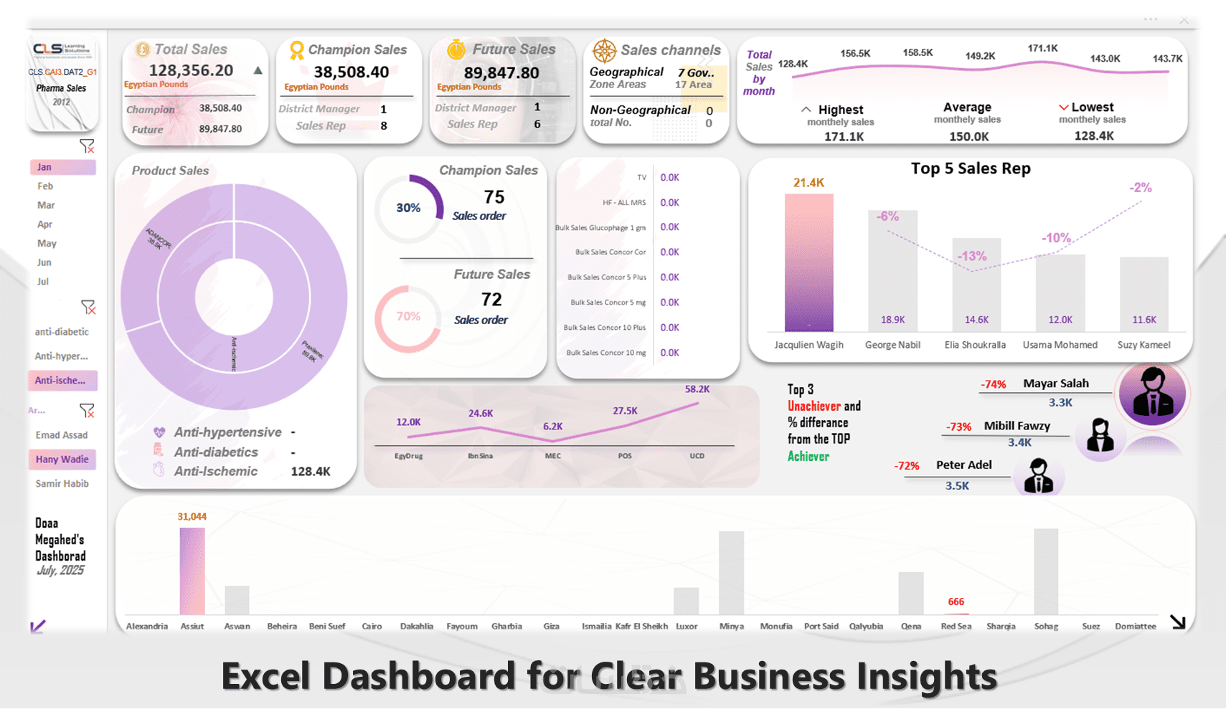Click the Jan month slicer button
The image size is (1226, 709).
pyautogui.click(x=62, y=167)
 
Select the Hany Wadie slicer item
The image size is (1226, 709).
pyautogui.click(x=62, y=460)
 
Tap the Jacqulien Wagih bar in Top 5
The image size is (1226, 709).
pyautogui.click(x=808, y=262)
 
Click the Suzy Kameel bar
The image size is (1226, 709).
pyautogui.click(x=1144, y=294)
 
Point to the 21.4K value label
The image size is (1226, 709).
pyautogui.click(x=808, y=183)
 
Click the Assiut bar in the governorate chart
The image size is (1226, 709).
pyautogui.click(x=192, y=571)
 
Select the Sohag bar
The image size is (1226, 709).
pyautogui.click(x=1046, y=571)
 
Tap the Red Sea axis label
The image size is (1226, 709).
pyautogui.click(x=956, y=627)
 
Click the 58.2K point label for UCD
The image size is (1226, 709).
pyautogui.click(x=697, y=389)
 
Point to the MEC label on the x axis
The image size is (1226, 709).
pyautogui.click(x=552, y=456)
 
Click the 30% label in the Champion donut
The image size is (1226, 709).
pyautogui.click(x=408, y=208)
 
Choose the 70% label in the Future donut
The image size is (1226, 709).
pyautogui.click(x=408, y=316)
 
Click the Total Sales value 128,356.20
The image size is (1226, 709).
pyautogui.click(x=191, y=70)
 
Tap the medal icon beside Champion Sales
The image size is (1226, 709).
pyautogui.click(x=296, y=50)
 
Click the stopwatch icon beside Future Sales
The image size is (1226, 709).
pyautogui.click(x=456, y=49)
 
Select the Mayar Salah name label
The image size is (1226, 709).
pyautogui.click(x=1055, y=384)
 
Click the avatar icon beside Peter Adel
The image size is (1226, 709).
pyautogui.click(x=1038, y=476)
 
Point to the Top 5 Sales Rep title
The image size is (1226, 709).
pyautogui.click(x=970, y=168)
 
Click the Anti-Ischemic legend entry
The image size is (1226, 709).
pyautogui.click(x=215, y=471)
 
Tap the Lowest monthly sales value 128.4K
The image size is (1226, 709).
pyautogui.click(x=1093, y=135)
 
